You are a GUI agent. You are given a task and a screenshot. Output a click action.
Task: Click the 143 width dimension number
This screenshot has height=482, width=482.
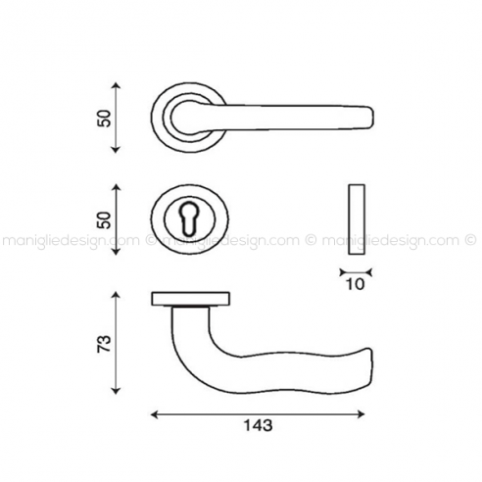(x=258, y=425)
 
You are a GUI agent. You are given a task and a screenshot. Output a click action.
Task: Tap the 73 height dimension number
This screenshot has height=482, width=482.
(x=105, y=344)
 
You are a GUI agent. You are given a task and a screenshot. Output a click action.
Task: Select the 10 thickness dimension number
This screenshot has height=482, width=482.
(x=355, y=284)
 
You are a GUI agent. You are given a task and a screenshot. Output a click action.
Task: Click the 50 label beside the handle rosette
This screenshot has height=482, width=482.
(x=105, y=119)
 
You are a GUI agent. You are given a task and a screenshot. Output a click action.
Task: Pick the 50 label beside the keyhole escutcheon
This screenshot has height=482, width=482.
(x=105, y=219)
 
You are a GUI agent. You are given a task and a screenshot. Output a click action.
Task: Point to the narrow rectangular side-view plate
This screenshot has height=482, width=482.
(x=357, y=219)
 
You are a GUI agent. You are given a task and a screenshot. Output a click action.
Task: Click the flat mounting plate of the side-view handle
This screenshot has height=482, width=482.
(x=191, y=299)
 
